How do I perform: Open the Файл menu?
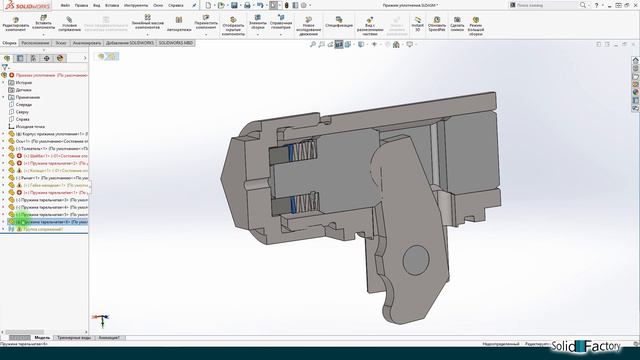65,5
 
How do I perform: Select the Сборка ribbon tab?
9,44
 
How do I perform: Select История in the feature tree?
24,82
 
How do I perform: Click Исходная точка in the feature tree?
30,127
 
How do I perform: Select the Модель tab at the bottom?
42,338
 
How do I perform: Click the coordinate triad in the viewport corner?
100,320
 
